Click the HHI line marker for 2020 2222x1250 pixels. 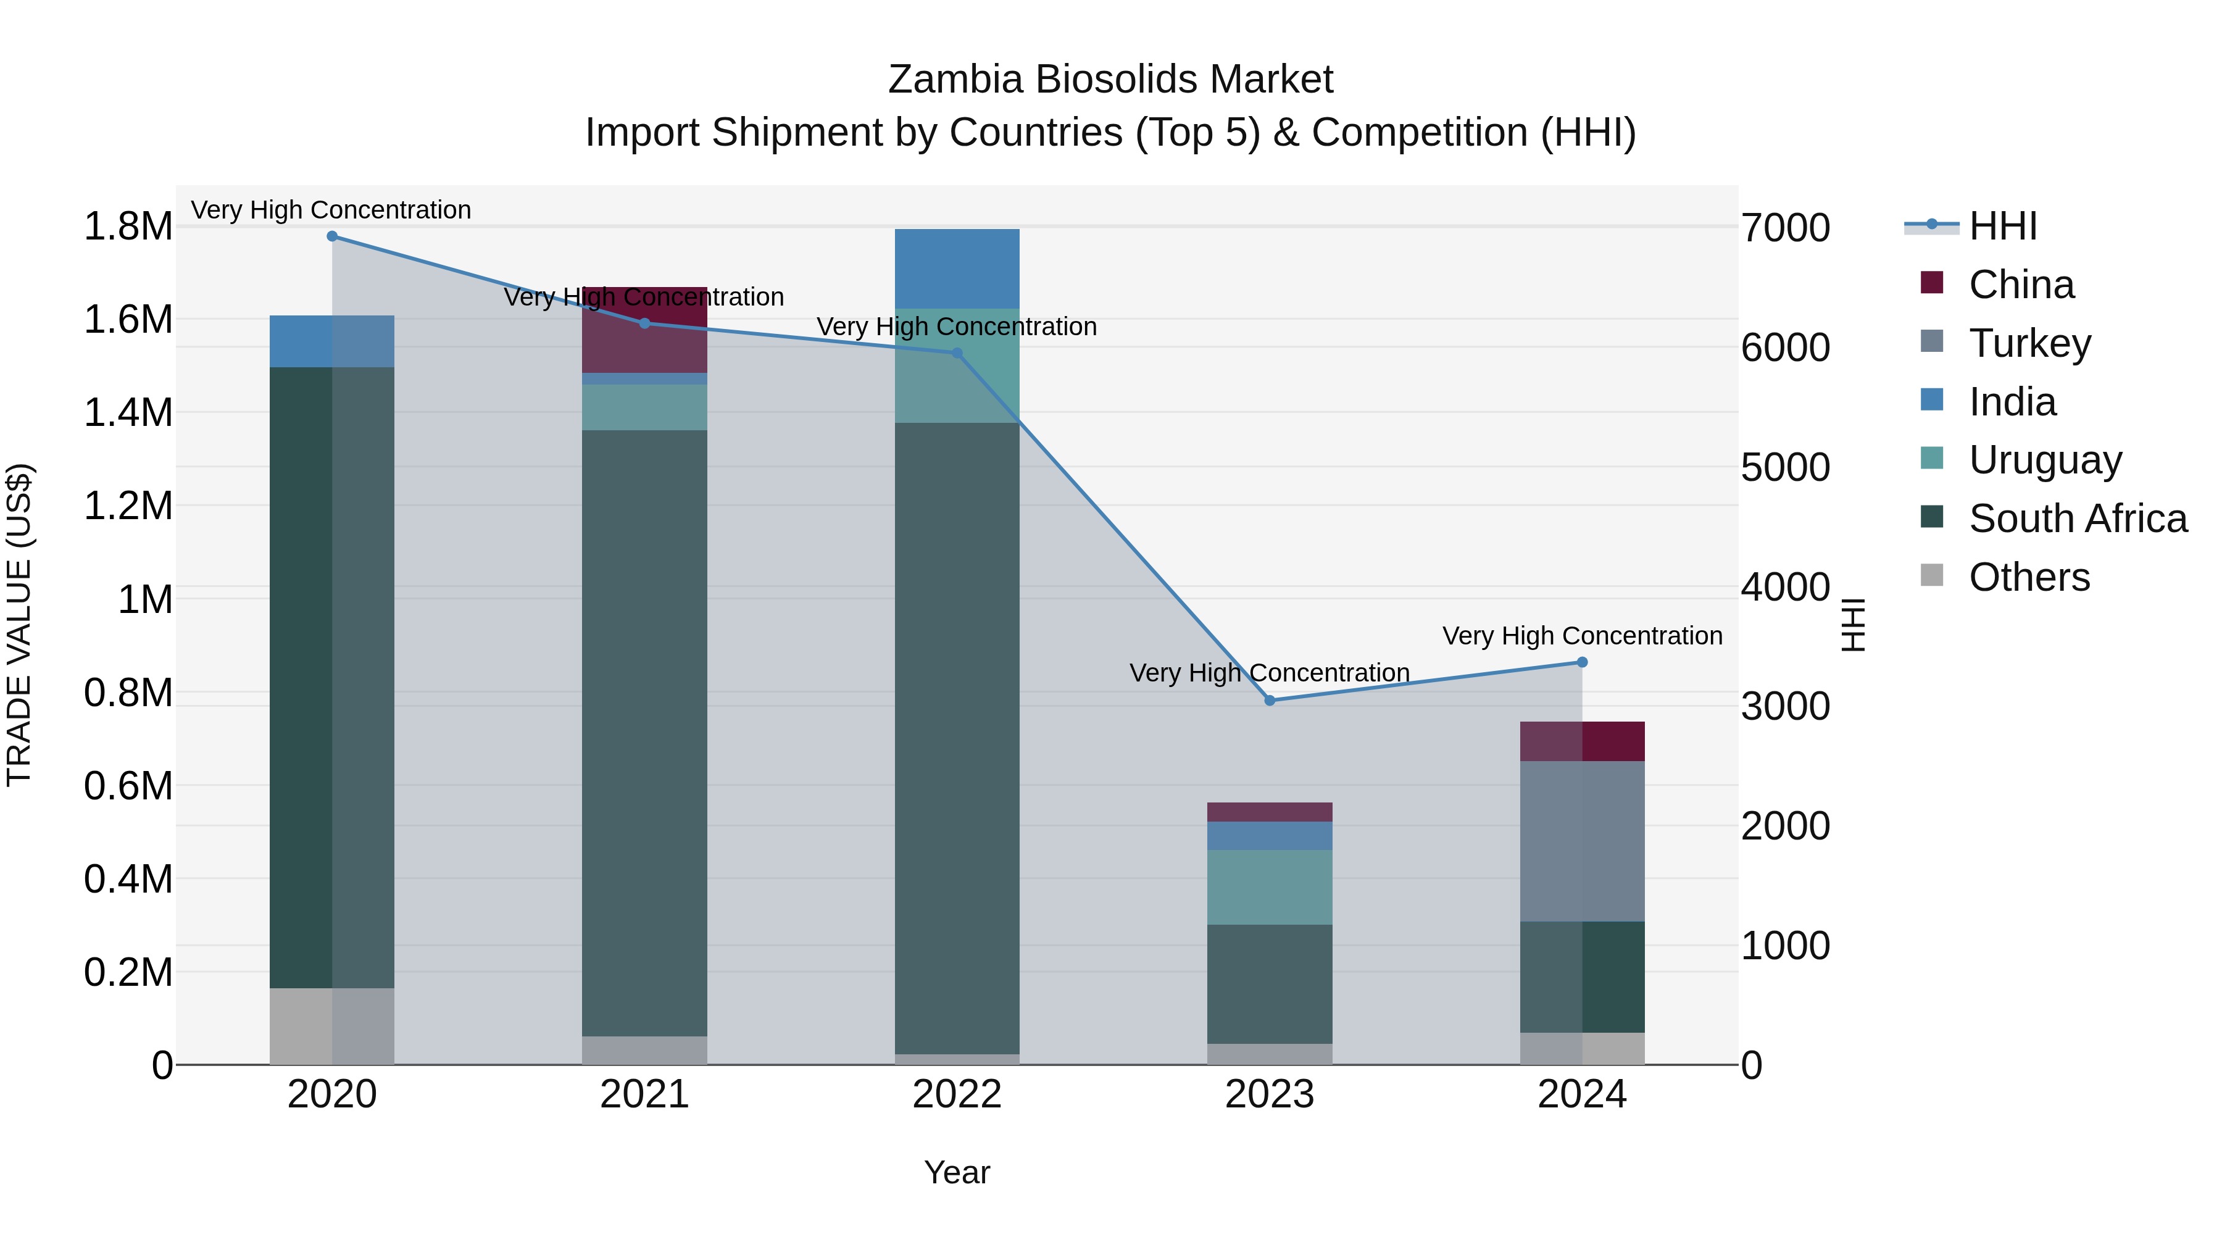click(x=332, y=236)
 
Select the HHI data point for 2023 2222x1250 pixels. click(x=1270, y=701)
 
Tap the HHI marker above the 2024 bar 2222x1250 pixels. click(x=1582, y=662)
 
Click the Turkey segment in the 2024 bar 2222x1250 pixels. click(x=1582, y=841)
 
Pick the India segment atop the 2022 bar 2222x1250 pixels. click(x=957, y=269)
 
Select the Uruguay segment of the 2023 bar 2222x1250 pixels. click(x=1270, y=887)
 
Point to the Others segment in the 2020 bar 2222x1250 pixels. click(x=332, y=1026)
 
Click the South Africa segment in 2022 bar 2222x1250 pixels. click(x=957, y=738)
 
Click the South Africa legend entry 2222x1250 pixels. click(x=2077, y=519)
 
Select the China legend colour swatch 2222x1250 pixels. click(x=1932, y=283)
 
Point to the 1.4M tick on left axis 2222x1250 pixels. click(x=128, y=412)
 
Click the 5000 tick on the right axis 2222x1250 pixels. click(x=1784, y=467)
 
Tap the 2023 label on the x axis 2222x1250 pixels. click(x=1270, y=1094)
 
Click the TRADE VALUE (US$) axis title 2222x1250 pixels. click(x=19, y=625)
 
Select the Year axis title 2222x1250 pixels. click(x=957, y=1172)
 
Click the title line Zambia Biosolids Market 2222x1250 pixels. click(x=1110, y=80)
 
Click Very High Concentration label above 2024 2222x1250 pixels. click(x=1582, y=636)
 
